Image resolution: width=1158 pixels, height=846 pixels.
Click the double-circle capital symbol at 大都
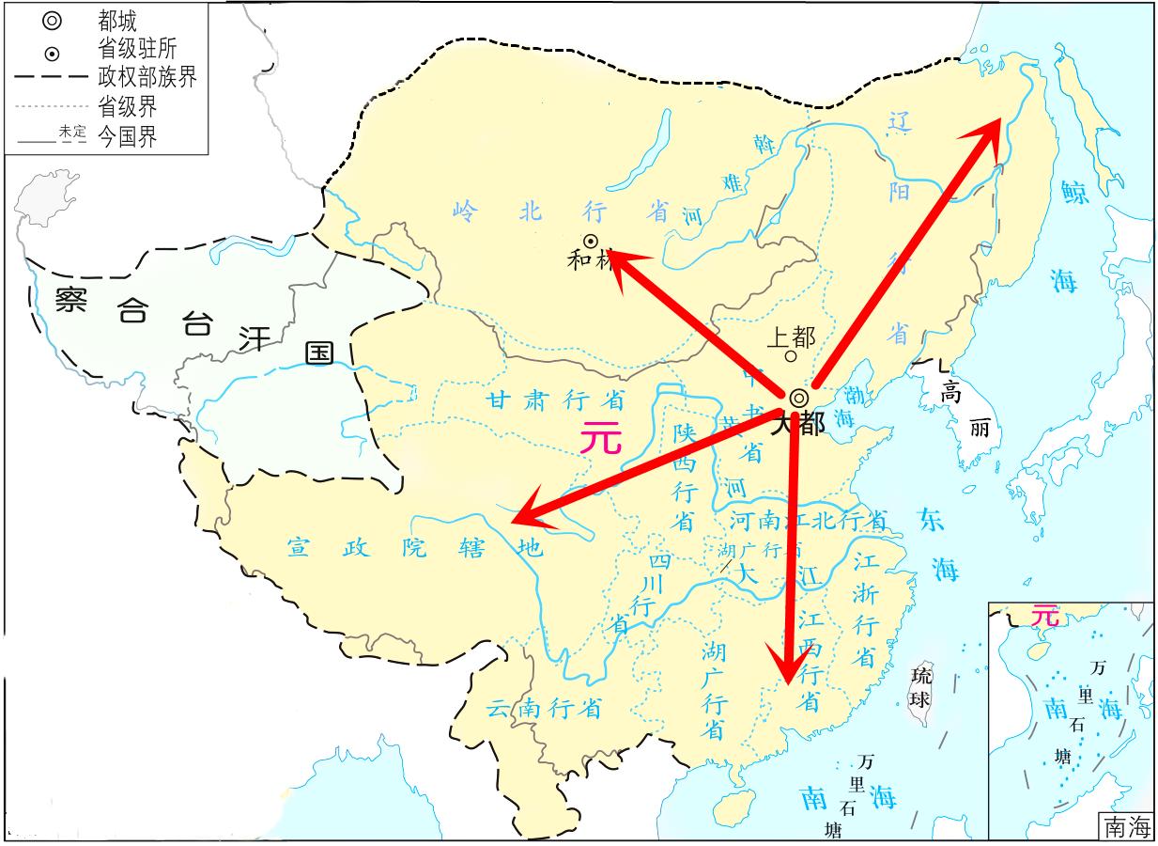point(798,398)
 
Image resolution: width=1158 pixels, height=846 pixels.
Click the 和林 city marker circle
point(592,241)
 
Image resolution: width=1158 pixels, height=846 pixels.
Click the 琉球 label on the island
point(922,687)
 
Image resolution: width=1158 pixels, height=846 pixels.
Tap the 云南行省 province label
point(544,708)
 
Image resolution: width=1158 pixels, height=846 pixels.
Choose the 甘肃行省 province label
point(555,400)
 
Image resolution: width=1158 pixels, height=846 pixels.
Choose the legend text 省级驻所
point(136,48)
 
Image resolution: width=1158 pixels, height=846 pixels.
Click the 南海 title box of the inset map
point(1126,826)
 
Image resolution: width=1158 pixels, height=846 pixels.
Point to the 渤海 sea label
point(849,403)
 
